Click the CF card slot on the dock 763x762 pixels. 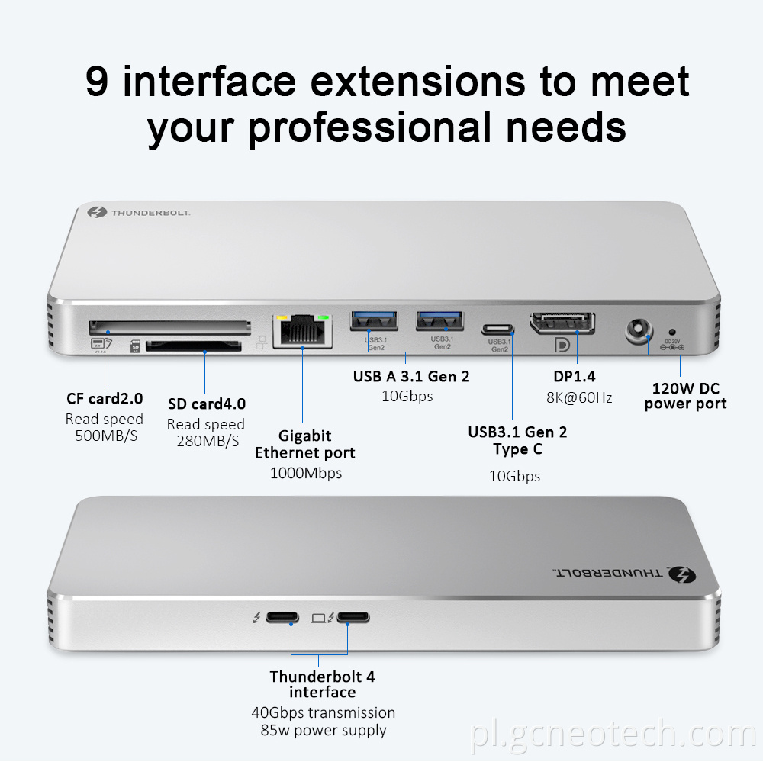coord(169,326)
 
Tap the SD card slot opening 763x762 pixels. coord(193,347)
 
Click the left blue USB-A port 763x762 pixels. coord(373,321)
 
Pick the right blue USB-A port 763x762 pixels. coord(439,321)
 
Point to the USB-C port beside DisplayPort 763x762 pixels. coord(498,330)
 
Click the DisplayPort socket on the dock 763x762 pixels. coord(563,322)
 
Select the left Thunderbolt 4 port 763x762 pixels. coord(291,617)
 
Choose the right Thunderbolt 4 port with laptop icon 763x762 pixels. coord(353,617)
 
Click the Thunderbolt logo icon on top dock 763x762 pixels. coord(96,213)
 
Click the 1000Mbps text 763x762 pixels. coord(306,473)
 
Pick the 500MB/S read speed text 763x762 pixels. coord(106,436)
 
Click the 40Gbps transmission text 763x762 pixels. coord(323,712)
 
